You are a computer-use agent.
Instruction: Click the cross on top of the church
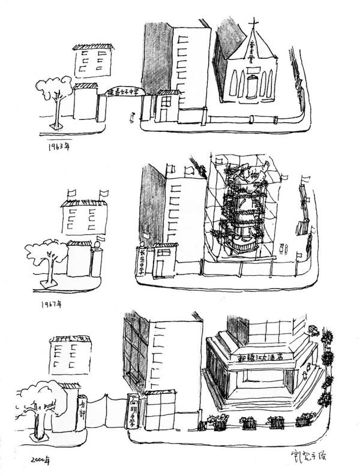[253, 25]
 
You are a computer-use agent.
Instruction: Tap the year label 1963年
[58, 145]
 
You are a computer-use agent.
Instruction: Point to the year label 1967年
[52, 304]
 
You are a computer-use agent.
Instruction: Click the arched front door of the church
[250, 86]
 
